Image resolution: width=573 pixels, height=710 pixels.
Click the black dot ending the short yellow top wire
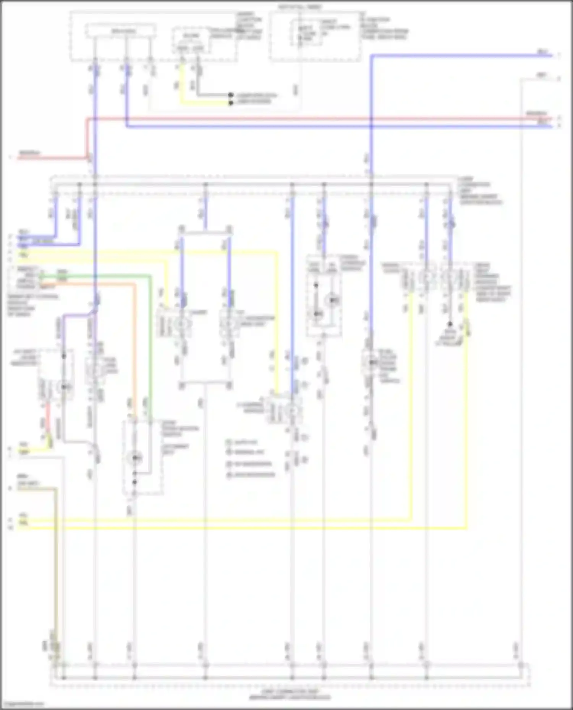click(x=231, y=103)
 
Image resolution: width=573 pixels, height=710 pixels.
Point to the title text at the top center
click(x=300, y=7)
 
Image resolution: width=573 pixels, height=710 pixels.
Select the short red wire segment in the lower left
click(x=48, y=420)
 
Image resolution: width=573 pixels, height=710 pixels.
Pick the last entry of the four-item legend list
click(x=250, y=475)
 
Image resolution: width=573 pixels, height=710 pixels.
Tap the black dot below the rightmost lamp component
click(x=450, y=324)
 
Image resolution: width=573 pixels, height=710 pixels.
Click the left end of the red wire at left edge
click(x=18, y=158)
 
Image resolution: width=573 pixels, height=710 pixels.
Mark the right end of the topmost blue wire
click(x=552, y=56)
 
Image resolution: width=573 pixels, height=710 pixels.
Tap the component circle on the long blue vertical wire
click(x=371, y=362)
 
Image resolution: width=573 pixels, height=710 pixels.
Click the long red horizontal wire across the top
click(x=306, y=119)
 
